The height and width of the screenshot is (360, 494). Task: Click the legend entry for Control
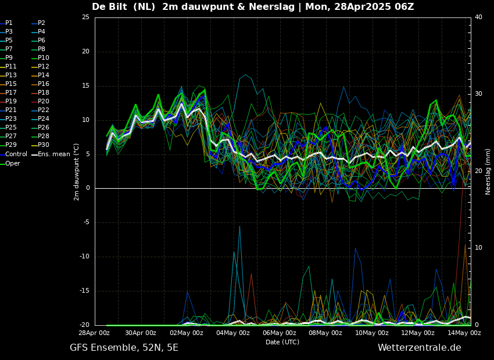coord(16,154)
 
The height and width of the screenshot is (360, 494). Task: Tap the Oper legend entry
coord(12,164)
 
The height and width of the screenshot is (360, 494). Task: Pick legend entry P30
coord(43,145)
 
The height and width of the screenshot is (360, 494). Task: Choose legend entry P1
coord(9,23)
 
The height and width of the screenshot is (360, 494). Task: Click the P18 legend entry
coord(43,93)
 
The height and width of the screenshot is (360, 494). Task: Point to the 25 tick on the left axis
coord(85,17)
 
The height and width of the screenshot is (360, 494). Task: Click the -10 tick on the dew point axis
coord(84,257)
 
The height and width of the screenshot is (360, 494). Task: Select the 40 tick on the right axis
coord(478,17)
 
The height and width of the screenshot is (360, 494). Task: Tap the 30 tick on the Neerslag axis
coord(478,94)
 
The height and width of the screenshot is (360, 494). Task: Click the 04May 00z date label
coord(233,333)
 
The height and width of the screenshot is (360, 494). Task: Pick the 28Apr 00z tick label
coord(95,333)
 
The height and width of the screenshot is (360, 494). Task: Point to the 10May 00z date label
coord(372,333)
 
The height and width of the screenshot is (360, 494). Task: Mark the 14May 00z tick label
coord(464,333)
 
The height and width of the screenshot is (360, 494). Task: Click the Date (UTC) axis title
coord(282,343)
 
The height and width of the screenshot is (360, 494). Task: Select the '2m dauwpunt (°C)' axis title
coord(77,171)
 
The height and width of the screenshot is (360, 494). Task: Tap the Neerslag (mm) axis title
coord(488,171)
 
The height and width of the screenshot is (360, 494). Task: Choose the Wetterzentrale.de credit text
coord(419,348)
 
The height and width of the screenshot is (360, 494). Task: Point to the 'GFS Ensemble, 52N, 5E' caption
coord(124,348)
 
